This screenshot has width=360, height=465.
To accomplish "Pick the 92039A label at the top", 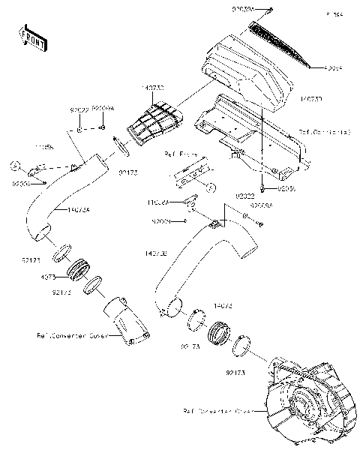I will click(244, 8).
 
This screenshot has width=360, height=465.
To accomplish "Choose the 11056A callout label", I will click(158, 202).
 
